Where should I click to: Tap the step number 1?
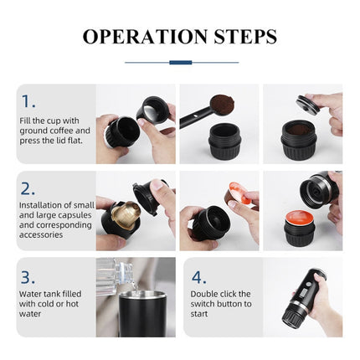tap(28, 101)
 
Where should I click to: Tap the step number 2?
tap(28, 188)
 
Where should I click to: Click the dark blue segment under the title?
tap(180, 62)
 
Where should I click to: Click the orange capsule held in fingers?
tap(239, 197)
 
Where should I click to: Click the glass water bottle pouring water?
tap(113, 276)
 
